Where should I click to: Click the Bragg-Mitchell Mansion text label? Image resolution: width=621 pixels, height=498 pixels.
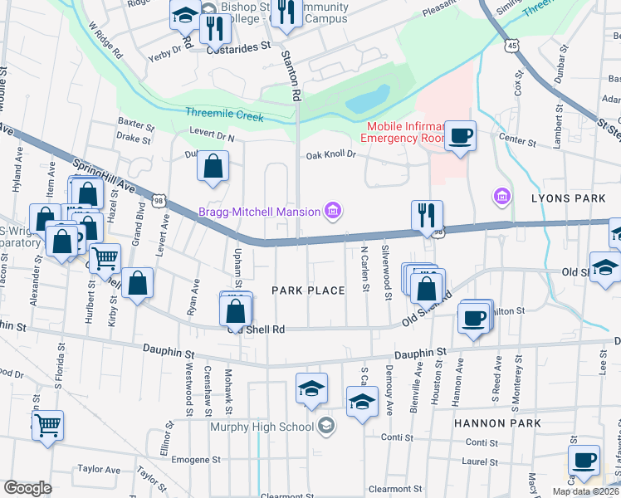pos(258,212)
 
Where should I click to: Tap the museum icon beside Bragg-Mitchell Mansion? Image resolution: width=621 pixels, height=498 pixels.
pos(332,212)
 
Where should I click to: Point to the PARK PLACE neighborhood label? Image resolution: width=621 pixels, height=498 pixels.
pos(308,290)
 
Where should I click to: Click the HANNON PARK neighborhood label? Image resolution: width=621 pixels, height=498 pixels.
pos(497,423)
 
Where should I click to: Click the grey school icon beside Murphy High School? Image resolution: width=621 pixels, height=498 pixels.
pos(326,427)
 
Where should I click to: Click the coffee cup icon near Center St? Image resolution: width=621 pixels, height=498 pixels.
pos(460,135)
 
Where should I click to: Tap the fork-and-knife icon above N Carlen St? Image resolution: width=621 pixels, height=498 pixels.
pos(427,214)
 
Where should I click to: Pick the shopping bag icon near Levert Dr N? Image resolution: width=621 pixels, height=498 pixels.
pos(213,165)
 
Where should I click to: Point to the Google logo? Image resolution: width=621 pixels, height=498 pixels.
pos(27,488)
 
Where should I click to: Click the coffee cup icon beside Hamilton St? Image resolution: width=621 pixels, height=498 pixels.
pos(473,318)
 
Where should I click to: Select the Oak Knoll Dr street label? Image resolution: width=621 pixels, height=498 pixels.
pos(330,155)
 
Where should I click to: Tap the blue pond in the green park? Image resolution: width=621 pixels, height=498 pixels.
pos(368,98)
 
